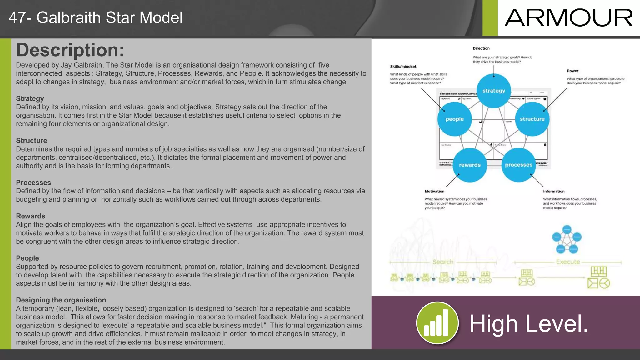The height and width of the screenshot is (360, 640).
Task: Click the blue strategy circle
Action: click(494, 91)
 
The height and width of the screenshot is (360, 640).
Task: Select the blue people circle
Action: click(454, 119)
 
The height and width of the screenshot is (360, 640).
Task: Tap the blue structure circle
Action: click(532, 119)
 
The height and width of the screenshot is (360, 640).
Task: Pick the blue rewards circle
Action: click(470, 165)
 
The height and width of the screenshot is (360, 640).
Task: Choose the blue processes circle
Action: click(518, 165)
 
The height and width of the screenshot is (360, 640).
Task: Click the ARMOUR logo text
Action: click(568, 18)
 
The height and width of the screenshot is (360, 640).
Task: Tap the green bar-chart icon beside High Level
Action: click(437, 323)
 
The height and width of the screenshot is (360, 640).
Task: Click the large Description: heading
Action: click(70, 50)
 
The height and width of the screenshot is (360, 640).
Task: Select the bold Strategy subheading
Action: click(30, 98)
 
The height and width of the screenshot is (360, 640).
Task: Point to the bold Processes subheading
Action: click(33, 182)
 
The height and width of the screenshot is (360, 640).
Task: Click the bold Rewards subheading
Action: click(31, 216)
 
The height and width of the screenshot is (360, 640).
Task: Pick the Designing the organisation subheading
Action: click(61, 300)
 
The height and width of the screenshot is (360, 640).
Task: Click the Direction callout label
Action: click(481, 48)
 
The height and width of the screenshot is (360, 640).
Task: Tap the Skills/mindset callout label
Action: click(403, 66)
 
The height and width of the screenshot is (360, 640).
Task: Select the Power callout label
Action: click(572, 71)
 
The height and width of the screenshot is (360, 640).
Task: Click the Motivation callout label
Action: click(434, 191)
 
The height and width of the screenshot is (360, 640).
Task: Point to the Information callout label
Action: click(554, 191)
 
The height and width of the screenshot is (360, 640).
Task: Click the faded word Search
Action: click(443, 262)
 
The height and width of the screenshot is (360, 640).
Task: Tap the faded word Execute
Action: click(568, 262)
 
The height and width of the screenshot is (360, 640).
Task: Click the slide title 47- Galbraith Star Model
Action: click(96, 17)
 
